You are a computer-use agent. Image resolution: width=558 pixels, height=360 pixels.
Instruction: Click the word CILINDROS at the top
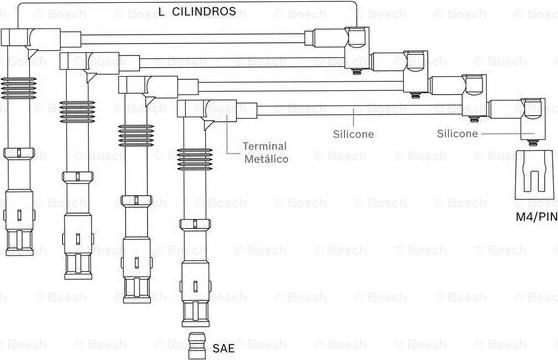click(x=204, y=11)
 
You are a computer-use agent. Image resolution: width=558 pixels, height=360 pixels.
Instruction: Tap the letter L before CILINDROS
click(x=161, y=12)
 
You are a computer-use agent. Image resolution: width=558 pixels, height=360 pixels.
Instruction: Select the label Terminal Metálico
click(x=265, y=153)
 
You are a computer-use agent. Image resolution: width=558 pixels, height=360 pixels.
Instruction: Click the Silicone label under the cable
click(x=353, y=134)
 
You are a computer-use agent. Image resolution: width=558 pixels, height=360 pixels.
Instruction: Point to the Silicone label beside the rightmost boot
click(x=457, y=133)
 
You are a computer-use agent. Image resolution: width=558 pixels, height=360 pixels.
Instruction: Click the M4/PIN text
click(x=537, y=216)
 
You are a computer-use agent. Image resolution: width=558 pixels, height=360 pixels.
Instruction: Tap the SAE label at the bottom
click(x=223, y=348)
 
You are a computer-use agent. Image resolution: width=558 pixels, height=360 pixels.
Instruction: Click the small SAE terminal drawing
click(x=197, y=346)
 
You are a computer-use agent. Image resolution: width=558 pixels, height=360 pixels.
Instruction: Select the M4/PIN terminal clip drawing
click(x=535, y=175)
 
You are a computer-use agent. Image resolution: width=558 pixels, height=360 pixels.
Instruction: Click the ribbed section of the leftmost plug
click(x=18, y=88)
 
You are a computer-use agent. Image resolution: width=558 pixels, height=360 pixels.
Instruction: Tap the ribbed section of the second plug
click(x=77, y=112)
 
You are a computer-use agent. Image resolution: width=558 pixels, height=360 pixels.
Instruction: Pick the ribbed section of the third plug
click(x=136, y=136)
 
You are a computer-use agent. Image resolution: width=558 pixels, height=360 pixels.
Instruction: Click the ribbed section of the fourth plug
click(x=195, y=159)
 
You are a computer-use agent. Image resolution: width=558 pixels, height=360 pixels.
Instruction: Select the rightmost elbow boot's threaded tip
click(x=532, y=143)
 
